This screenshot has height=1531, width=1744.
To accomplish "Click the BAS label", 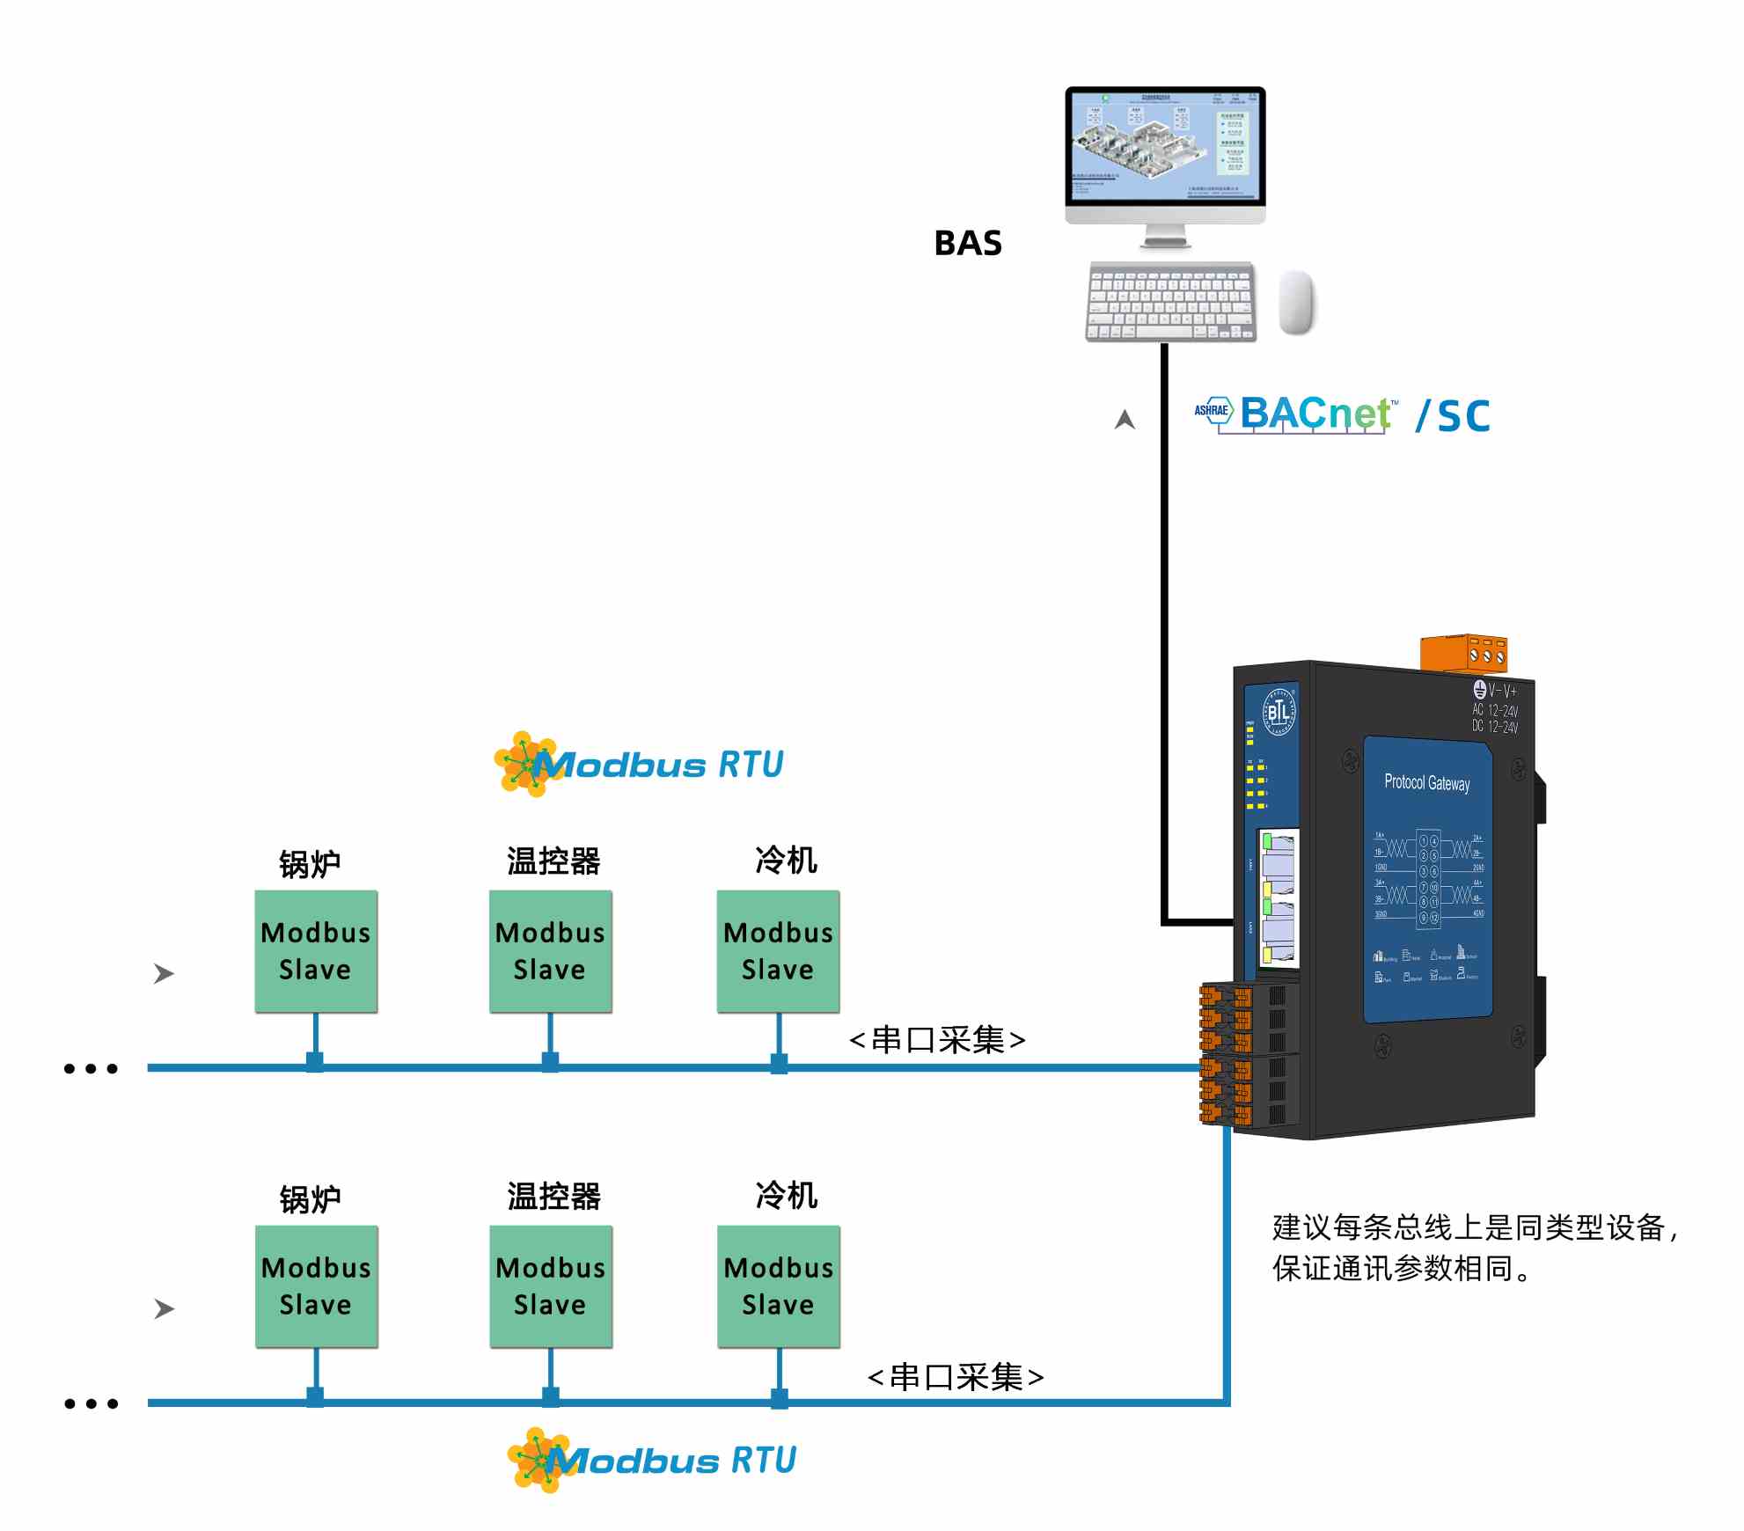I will pos(967,243).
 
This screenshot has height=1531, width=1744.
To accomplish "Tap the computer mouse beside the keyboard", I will pos(1295,302).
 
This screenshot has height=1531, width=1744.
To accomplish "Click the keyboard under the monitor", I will pos(1170,302).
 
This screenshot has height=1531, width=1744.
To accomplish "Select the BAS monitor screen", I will pos(1165,146).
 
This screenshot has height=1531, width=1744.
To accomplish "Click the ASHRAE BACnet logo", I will pos(1293,414).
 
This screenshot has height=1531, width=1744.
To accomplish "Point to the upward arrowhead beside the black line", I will pos(1125,420).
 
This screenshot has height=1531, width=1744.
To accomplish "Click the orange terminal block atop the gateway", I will pos(1464,652).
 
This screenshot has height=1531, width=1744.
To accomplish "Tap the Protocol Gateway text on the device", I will pos(1426,782).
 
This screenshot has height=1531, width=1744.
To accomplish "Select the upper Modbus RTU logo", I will pos(640,764).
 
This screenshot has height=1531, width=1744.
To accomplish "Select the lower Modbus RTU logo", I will pos(652,1460).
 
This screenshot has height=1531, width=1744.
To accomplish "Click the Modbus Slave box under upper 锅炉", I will pos(316,951).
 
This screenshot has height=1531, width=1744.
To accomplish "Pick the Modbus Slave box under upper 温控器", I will pos(550,951).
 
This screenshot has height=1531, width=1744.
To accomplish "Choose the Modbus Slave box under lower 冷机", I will pos(778,1286).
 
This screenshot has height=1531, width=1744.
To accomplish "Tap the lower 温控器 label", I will pos(553,1196).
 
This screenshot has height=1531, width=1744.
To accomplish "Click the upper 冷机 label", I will pos(786,860).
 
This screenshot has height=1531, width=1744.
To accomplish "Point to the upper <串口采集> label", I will pos(937,1040).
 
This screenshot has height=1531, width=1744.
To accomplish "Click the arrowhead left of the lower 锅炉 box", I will pos(164,1308).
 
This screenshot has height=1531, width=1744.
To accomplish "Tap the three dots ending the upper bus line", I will pos(91,1069).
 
